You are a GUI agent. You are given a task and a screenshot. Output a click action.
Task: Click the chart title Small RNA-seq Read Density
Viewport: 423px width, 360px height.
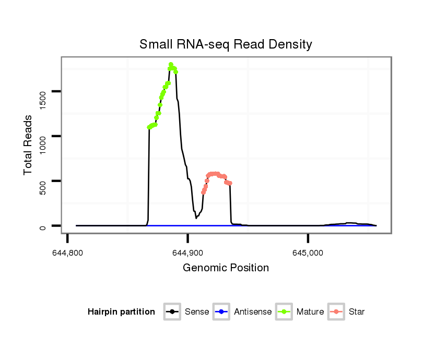click(x=226, y=44)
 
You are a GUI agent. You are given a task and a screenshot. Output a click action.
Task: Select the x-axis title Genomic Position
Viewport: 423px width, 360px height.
click(x=226, y=268)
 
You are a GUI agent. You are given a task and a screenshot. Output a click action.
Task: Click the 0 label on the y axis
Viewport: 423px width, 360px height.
click(x=43, y=226)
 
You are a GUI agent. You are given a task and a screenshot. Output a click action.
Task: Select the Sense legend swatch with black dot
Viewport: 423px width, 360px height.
click(x=172, y=312)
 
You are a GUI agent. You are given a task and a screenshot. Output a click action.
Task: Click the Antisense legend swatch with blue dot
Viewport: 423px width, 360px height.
click(x=221, y=312)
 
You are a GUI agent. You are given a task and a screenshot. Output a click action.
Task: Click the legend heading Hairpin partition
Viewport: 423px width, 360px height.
click(x=121, y=312)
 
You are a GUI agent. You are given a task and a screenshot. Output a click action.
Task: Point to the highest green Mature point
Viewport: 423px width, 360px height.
click(x=171, y=65)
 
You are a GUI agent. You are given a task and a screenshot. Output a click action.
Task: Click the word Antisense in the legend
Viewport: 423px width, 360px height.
click(x=253, y=312)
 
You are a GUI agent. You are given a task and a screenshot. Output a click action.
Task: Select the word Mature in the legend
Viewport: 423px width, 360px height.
click(x=310, y=312)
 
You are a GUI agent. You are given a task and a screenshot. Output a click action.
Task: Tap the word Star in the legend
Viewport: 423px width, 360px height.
click(x=357, y=312)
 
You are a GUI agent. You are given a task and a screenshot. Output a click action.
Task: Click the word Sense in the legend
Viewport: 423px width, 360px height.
click(x=197, y=312)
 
